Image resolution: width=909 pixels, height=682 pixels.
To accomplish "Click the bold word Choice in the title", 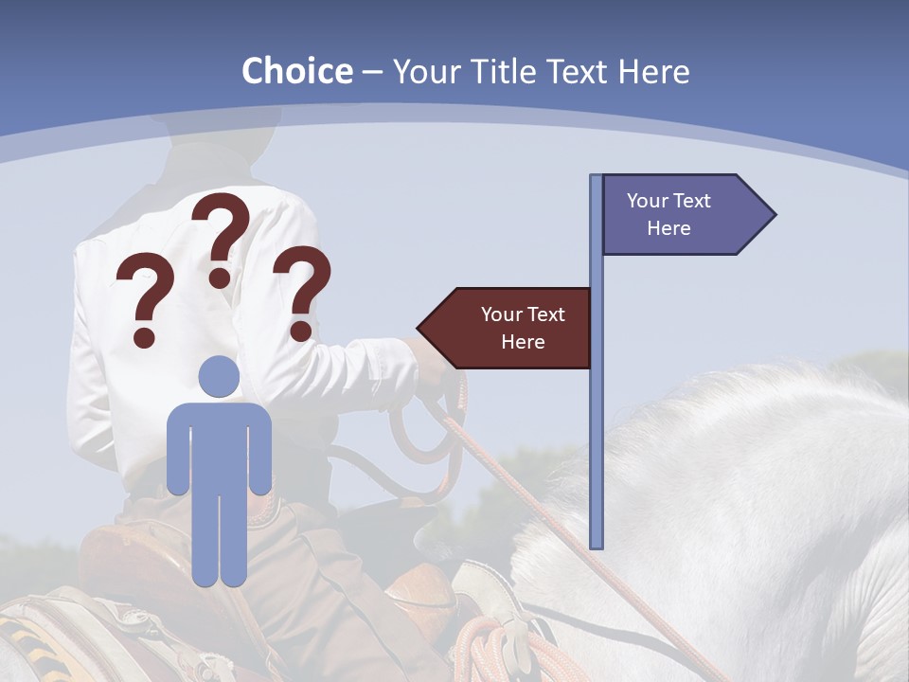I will point(296,71).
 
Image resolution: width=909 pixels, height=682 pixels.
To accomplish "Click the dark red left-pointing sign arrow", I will point(507,328).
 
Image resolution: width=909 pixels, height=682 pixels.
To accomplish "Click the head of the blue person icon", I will point(219,376).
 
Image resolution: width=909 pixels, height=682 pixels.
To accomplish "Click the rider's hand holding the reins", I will point(437,365).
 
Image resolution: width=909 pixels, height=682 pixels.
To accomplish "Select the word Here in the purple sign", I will point(668,228).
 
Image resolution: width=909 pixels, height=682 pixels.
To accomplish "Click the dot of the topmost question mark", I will point(220,277).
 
